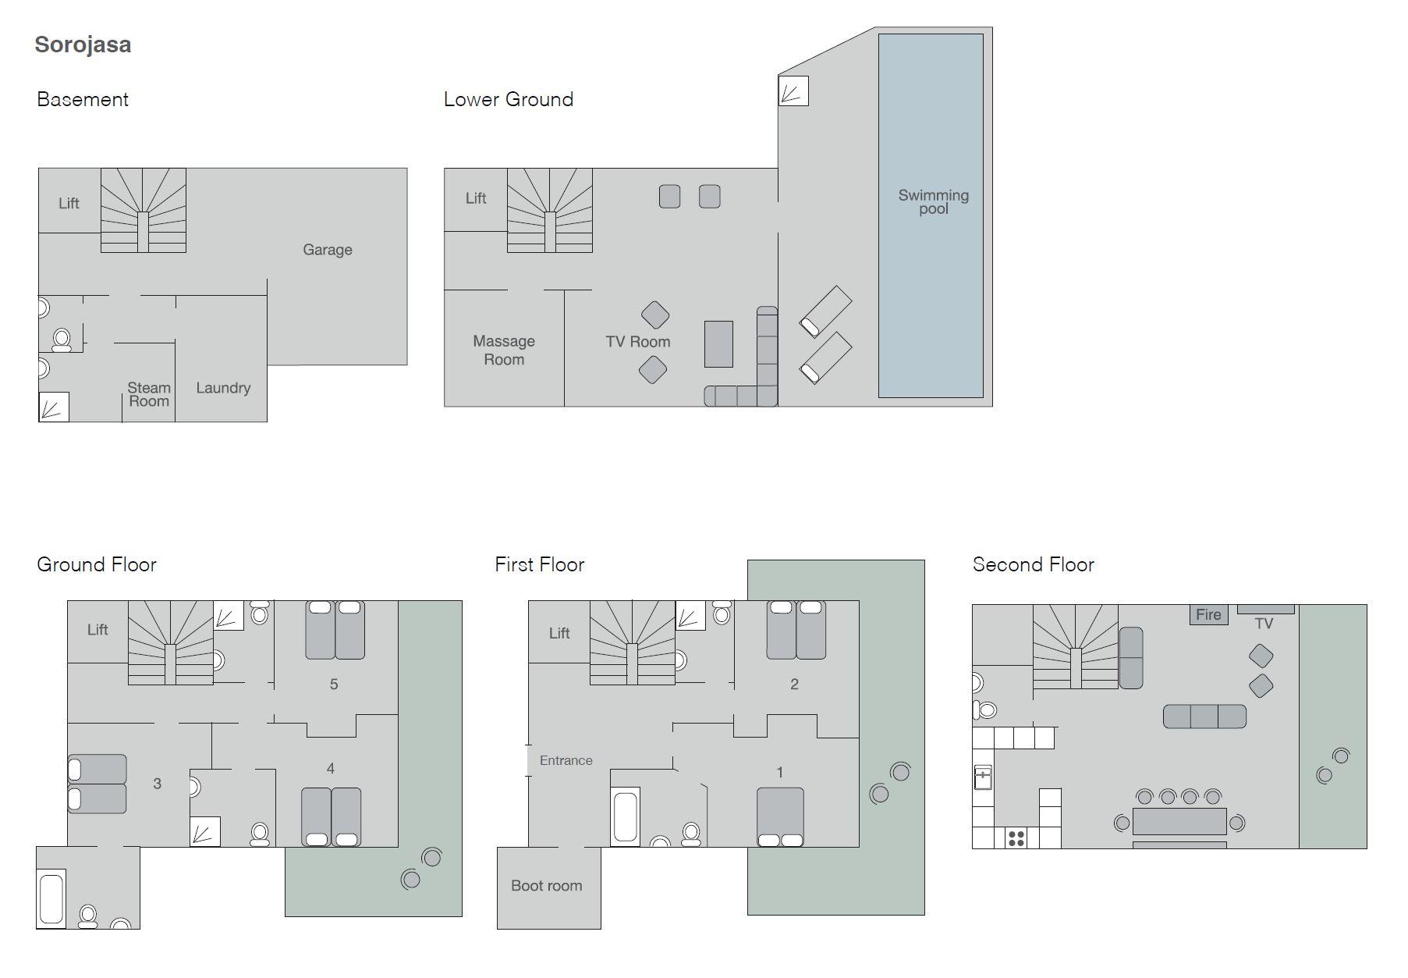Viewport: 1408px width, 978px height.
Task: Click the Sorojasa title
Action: [83, 44]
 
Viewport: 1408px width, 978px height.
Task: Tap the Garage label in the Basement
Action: [328, 250]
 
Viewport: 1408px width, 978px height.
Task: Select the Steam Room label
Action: [149, 394]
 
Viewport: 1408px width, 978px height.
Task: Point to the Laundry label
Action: [223, 388]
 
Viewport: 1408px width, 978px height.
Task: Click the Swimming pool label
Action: [934, 201]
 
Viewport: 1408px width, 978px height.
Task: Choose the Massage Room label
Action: [504, 350]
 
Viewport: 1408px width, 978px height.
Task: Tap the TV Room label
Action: [638, 342]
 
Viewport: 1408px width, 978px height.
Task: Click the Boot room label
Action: [547, 886]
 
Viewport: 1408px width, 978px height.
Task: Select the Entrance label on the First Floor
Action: [566, 760]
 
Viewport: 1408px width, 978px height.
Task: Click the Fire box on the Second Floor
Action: [1208, 614]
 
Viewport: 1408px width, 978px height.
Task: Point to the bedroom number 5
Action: [334, 685]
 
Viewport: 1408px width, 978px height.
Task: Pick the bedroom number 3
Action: [158, 784]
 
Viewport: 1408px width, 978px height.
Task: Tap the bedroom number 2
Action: [795, 685]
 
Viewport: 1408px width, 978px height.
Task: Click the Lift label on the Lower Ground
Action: [476, 198]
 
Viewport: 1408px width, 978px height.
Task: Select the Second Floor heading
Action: [1034, 564]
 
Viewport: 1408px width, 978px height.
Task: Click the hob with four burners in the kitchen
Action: [1016, 838]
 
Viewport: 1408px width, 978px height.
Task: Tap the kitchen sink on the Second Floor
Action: [983, 777]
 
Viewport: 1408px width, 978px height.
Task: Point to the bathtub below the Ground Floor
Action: [51, 899]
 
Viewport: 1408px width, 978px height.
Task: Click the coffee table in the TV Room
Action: [718, 344]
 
